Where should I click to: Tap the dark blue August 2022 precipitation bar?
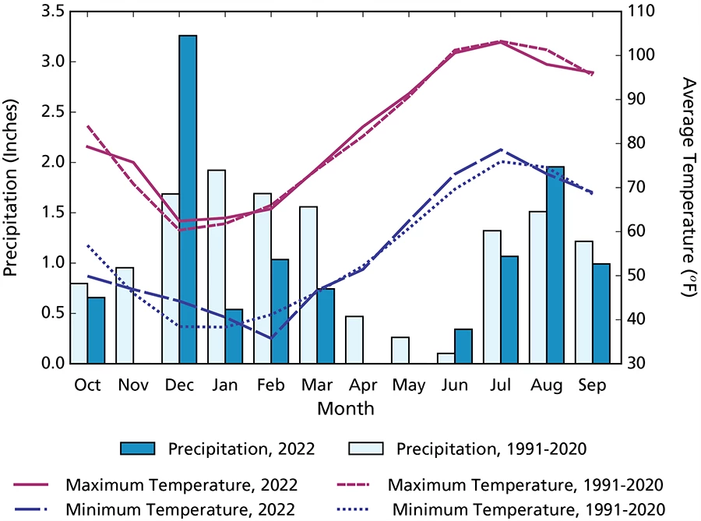coord(555,265)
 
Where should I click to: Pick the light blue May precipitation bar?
coord(400,350)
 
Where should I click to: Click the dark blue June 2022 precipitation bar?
coord(464,347)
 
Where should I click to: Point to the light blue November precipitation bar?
coord(125,315)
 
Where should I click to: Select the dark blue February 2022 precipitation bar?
coord(280,312)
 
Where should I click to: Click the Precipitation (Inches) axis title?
coord(12,187)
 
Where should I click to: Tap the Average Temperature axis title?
coord(688,187)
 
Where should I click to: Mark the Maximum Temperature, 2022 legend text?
coord(181,484)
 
